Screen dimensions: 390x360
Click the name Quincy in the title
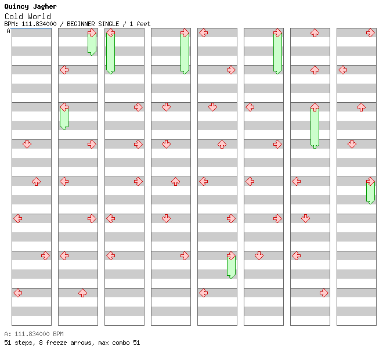(x=16, y=7)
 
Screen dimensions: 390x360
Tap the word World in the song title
(x=39, y=16)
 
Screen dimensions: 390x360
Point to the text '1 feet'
(x=140, y=24)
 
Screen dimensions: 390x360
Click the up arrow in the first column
(x=37, y=181)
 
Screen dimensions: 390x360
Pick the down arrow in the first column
(x=27, y=144)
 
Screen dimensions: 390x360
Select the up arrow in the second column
(x=82, y=293)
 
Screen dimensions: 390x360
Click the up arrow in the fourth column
(x=175, y=181)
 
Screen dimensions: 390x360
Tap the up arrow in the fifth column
(x=222, y=144)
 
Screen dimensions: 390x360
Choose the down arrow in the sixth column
(x=259, y=255)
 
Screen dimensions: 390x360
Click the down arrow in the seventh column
(x=305, y=218)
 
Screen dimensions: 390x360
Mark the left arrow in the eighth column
(x=343, y=70)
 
